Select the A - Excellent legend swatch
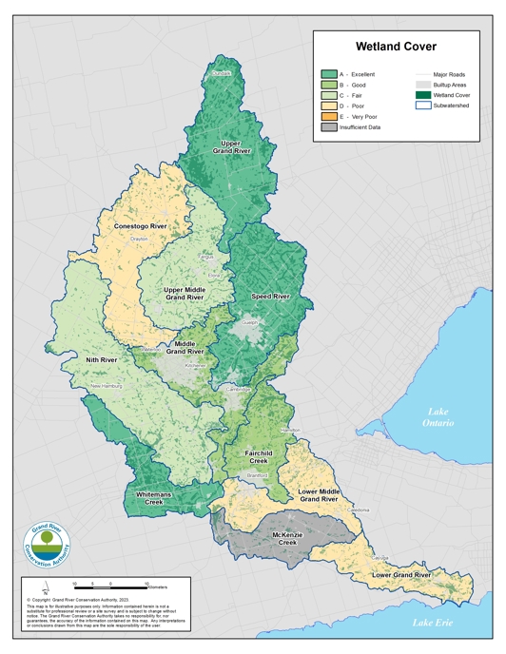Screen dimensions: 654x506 [329, 73]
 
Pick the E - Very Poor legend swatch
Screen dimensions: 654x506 [329, 115]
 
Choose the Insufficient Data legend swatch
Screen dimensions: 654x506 [329, 126]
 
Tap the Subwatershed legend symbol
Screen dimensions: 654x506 [423, 106]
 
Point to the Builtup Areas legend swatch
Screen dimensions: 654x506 [423, 85]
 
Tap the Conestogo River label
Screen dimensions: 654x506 [141, 226]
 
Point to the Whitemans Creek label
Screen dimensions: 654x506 [152, 497]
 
